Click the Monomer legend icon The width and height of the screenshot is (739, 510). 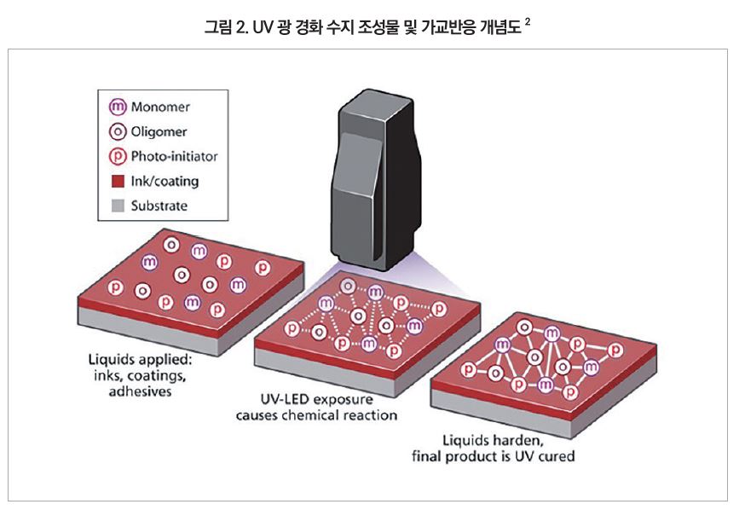click(x=118, y=107)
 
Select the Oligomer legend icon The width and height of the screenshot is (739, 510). click(x=118, y=132)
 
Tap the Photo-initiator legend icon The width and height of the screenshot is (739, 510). click(x=118, y=157)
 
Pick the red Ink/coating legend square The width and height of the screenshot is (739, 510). click(x=118, y=182)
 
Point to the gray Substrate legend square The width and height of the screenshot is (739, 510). click(x=118, y=206)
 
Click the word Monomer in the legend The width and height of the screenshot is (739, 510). click(x=160, y=107)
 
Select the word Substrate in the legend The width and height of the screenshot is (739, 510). click(x=159, y=206)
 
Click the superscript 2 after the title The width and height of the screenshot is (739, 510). click(x=528, y=21)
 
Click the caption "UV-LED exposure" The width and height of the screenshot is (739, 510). click(x=316, y=400)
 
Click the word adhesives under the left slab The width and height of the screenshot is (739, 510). click(x=141, y=391)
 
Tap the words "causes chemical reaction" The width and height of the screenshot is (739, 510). click(x=316, y=415)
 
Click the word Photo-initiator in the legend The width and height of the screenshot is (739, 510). click(x=175, y=157)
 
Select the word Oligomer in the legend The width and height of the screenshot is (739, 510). click(x=159, y=132)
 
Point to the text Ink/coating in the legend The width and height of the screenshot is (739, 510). click(x=165, y=182)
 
